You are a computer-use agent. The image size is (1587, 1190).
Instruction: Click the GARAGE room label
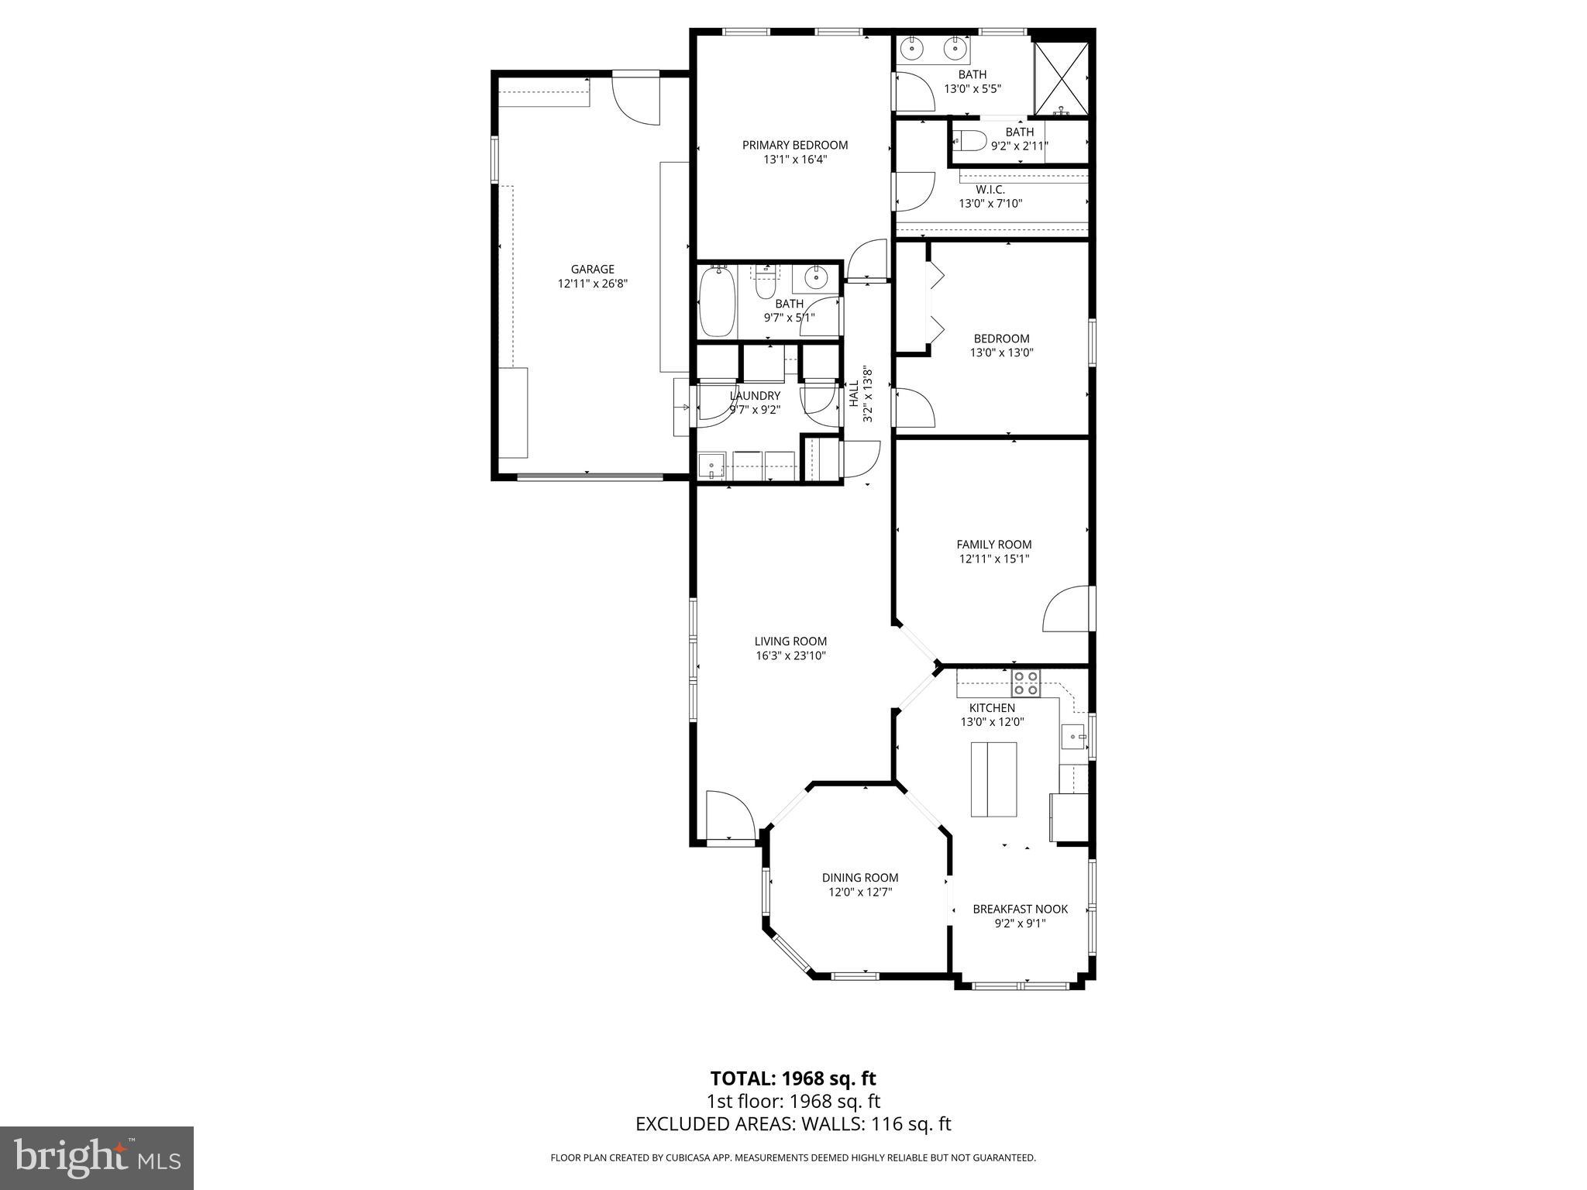click(x=592, y=270)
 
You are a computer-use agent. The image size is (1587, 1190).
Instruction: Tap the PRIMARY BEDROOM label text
click(x=794, y=145)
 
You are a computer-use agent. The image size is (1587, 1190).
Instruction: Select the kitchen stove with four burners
click(x=1025, y=683)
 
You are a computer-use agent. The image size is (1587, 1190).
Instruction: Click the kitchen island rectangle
click(x=993, y=779)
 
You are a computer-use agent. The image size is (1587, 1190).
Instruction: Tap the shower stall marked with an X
click(x=1062, y=78)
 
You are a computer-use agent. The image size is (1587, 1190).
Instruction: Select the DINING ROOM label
click(x=860, y=878)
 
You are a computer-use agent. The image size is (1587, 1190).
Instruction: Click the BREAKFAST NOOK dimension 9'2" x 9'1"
click(x=1020, y=923)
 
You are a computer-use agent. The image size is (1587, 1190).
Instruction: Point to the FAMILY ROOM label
click(x=993, y=545)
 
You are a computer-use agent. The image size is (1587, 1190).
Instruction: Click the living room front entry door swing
click(x=728, y=813)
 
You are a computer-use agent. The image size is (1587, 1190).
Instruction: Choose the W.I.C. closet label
click(x=990, y=190)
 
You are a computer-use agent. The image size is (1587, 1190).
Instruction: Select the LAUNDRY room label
click(x=755, y=396)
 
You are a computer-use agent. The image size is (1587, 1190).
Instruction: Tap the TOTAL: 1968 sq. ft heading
click(x=793, y=1078)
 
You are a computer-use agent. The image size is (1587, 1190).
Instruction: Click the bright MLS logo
click(x=97, y=1157)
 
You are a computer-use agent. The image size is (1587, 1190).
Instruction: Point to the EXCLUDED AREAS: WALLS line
click(x=793, y=1124)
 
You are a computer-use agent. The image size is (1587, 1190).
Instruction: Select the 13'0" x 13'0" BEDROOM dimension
click(x=1001, y=353)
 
